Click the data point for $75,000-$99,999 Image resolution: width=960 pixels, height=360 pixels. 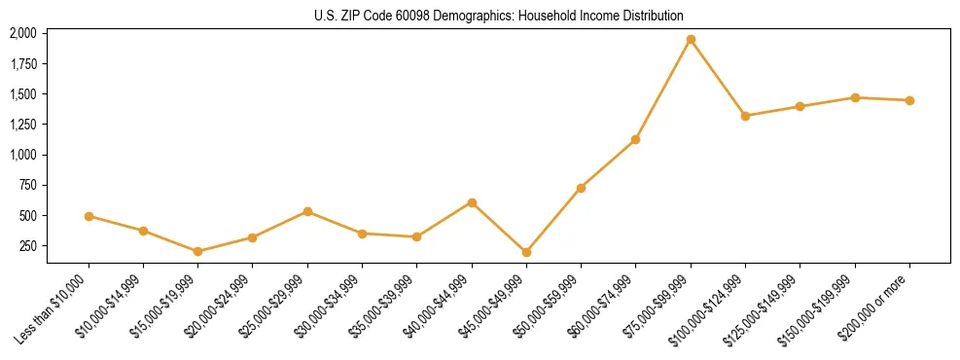[691, 40]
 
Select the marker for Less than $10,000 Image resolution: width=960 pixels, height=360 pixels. [89, 216]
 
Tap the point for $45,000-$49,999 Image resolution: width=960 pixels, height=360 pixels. [526, 252]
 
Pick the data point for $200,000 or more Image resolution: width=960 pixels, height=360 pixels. [909, 100]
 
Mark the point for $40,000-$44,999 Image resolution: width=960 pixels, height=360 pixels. [472, 202]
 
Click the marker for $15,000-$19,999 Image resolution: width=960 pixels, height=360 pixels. [198, 251]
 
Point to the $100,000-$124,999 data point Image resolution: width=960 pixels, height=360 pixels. [745, 116]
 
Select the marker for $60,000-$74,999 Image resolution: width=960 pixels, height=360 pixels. [636, 140]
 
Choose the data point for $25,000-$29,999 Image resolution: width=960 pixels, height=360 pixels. [307, 211]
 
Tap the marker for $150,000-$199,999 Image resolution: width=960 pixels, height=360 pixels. [855, 97]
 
